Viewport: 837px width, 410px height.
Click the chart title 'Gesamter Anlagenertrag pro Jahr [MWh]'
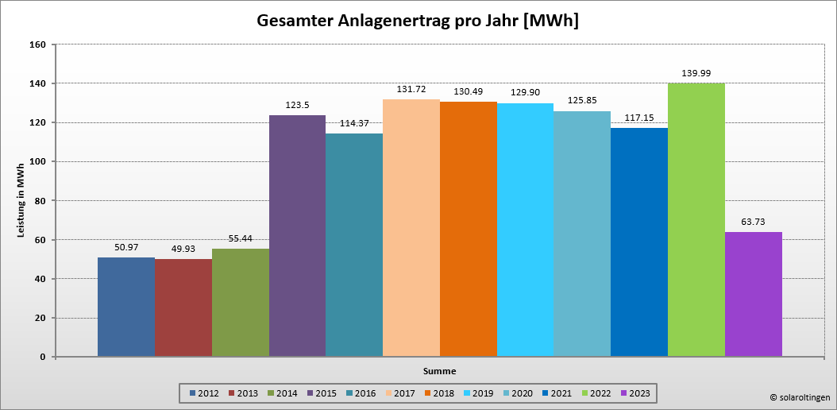click(x=418, y=21)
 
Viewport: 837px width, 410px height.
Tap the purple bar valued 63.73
click(x=753, y=294)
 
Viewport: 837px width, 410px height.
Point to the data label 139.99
click(x=696, y=73)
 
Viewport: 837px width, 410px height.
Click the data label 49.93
click(x=183, y=249)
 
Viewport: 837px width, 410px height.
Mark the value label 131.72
click(x=411, y=89)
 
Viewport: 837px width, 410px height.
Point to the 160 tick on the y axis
click(x=37, y=44)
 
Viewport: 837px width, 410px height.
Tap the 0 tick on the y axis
click(x=42, y=357)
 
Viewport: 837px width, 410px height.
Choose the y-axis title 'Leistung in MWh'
click(x=21, y=201)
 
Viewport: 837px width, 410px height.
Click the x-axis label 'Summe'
click(x=439, y=371)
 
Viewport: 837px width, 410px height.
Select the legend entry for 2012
click(x=203, y=393)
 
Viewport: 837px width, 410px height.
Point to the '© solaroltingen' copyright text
click(x=800, y=396)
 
